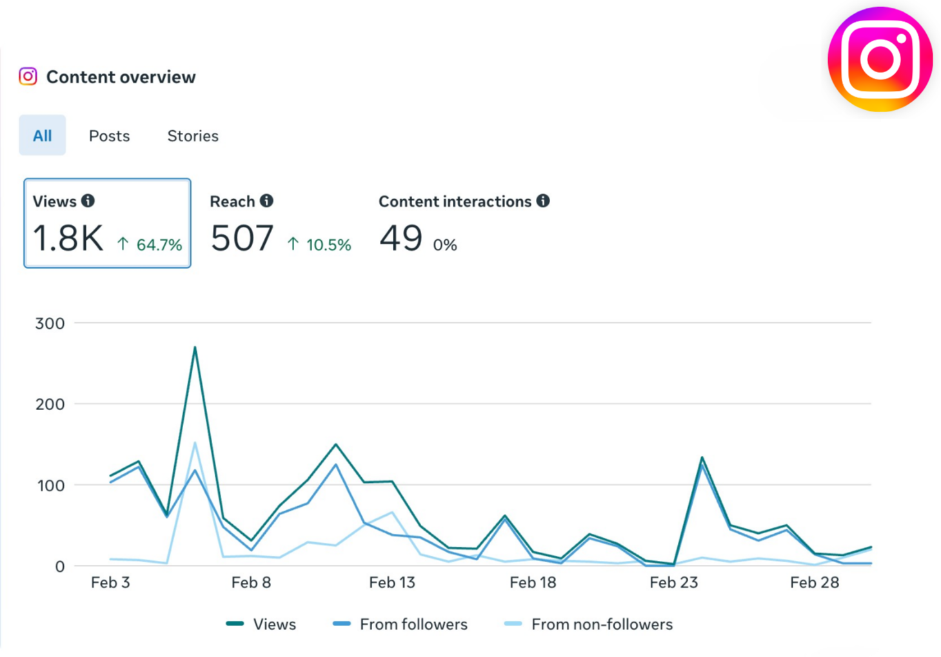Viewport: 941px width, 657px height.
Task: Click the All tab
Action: pyautogui.click(x=43, y=135)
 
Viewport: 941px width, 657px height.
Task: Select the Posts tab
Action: pyautogui.click(x=109, y=136)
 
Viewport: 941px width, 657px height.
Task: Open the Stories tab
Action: pyautogui.click(x=193, y=136)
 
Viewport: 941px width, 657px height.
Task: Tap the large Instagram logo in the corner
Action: pyautogui.click(x=880, y=59)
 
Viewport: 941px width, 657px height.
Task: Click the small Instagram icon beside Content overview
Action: pyautogui.click(x=28, y=77)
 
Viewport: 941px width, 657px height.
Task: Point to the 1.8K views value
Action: pyautogui.click(x=68, y=238)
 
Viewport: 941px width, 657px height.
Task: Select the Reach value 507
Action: pyautogui.click(x=242, y=238)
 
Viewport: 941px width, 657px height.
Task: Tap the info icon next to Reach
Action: pyautogui.click(x=266, y=201)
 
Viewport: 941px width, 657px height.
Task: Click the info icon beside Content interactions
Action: pyautogui.click(x=543, y=201)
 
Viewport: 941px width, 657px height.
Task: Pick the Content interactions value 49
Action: pyautogui.click(x=401, y=238)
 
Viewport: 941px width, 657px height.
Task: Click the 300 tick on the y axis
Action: pyautogui.click(x=50, y=323)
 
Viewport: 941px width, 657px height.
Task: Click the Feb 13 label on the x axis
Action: pyautogui.click(x=391, y=583)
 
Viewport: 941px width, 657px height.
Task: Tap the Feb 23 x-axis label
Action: pyautogui.click(x=673, y=583)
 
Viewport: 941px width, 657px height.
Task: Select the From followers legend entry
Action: pyautogui.click(x=413, y=624)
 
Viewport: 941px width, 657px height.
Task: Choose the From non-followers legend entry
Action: pyautogui.click(x=601, y=624)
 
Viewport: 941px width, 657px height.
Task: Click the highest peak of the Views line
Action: pyautogui.click(x=195, y=348)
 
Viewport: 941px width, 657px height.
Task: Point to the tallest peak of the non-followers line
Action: pyautogui.click(x=195, y=443)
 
